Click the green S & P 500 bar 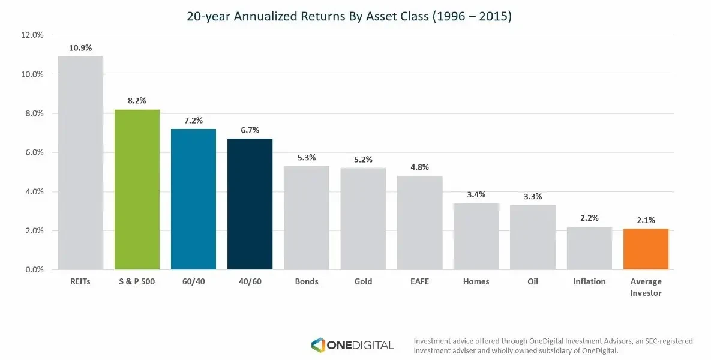tap(137, 190)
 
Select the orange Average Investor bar tap(646, 249)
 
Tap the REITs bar tap(80, 163)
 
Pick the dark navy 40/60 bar tap(250, 204)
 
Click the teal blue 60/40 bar tap(193, 199)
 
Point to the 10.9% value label tap(80, 48)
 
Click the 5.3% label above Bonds tap(307, 158)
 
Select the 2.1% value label tap(646, 220)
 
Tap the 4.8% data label tap(419, 167)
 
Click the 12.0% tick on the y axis tap(32, 35)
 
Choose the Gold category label tap(363, 281)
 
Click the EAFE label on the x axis tap(419, 281)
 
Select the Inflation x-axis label tap(589, 281)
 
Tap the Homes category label tap(476, 281)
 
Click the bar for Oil tap(533, 238)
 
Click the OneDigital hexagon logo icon tap(318, 344)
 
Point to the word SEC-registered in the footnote tap(667, 341)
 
